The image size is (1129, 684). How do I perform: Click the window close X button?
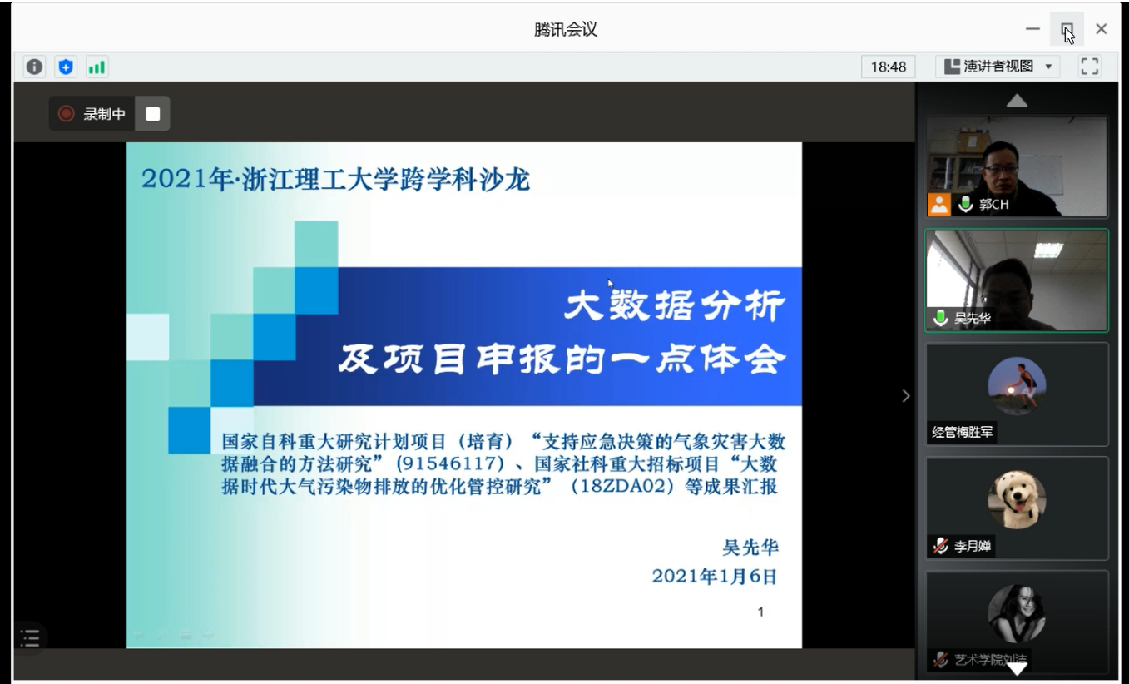1102,29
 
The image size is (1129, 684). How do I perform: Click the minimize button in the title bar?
1032,29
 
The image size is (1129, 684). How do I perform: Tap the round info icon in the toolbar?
34,67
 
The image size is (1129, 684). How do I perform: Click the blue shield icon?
66,67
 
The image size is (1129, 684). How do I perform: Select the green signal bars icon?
97,67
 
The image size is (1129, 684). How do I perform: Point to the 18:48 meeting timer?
888,67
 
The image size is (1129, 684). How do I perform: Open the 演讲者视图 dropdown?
998,67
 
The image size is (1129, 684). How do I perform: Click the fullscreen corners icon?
1090,67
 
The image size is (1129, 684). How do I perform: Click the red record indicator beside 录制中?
66,113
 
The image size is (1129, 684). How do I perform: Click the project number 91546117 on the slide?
450,463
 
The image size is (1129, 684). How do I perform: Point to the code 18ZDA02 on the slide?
622,487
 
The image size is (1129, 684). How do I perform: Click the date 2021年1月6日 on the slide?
714,576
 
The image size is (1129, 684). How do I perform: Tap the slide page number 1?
760,612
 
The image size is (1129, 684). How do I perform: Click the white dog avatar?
1017,499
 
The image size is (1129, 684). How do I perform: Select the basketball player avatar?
1017,386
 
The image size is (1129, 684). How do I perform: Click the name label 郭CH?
993,204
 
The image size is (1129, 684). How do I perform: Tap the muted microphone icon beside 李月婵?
940,546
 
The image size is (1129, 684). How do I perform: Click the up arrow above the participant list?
1017,101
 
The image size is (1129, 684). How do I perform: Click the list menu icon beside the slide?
30,638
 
